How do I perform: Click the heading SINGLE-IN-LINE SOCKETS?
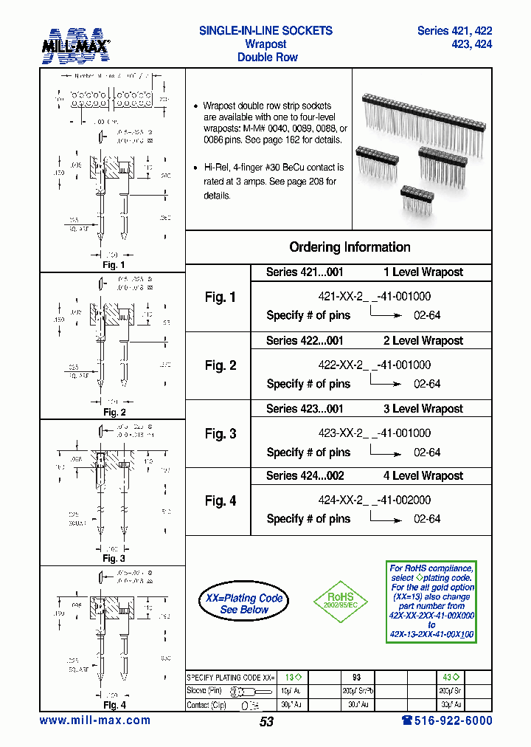click(x=265, y=31)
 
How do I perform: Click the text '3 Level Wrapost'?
click(x=423, y=409)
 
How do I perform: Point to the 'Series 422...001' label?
click(x=305, y=341)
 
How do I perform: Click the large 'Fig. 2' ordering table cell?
click(x=220, y=365)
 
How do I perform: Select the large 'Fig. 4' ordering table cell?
click(x=220, y=501)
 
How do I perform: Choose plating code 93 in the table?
click(x=356, y=676)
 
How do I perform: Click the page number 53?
click(x=266, y=721)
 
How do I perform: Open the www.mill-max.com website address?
click(x=95, y=720)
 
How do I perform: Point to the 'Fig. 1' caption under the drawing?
click(x=113, y=264)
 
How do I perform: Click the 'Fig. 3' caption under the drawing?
click(x=113, y=559)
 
